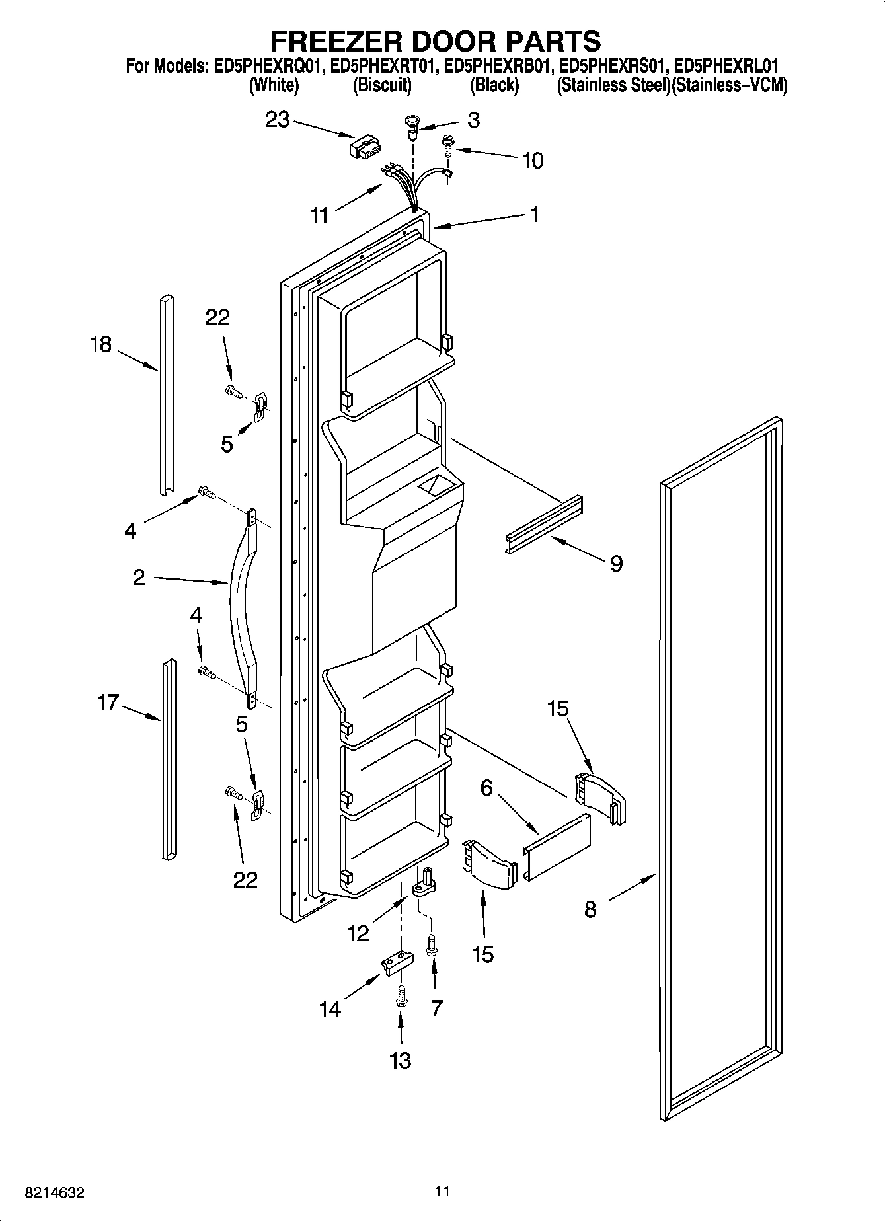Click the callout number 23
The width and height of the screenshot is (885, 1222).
pos(278,120)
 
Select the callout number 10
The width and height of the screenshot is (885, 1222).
pos(533,160)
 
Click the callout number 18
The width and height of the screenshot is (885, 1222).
pos(101,344)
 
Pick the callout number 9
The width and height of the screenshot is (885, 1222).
pos(615,563)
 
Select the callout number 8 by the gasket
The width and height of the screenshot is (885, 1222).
pos(590,909)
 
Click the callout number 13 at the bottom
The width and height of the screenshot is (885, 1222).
pos(401,1060)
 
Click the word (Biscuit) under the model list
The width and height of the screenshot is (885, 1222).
pos(383,85)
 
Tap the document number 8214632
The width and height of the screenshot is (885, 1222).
pos(54,1192)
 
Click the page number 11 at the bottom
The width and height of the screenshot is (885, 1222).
pos(442,1191)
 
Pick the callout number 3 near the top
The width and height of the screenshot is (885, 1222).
pos(473,120)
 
